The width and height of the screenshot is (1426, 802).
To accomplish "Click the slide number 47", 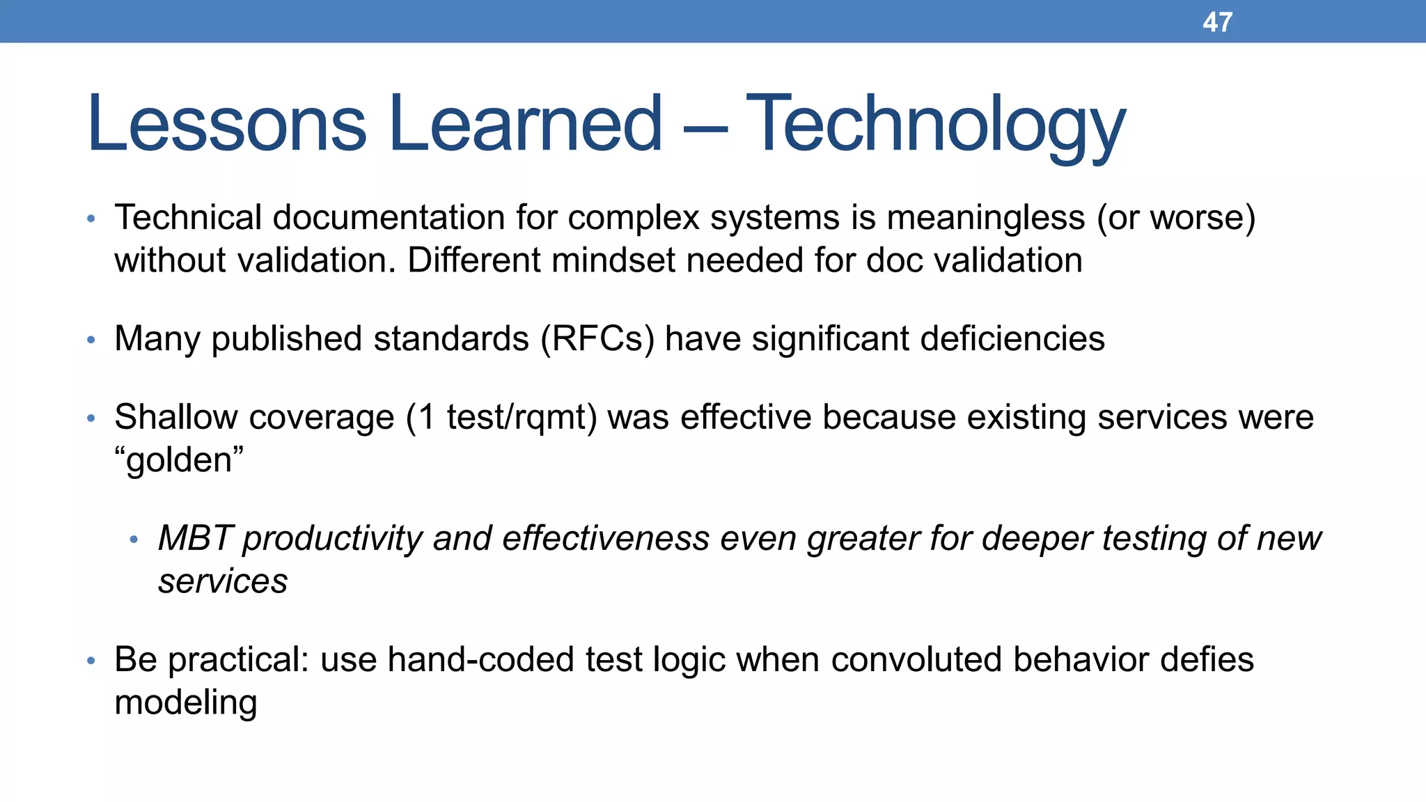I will (x=1217, y=22).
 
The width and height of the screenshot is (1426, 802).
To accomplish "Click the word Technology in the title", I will (x=935, y=125).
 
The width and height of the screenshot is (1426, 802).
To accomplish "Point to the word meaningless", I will (x=985, y=218).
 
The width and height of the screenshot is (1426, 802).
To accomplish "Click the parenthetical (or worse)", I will (x=1176, y=218).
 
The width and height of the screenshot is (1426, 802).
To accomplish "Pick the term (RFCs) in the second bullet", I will (x=598, y=340).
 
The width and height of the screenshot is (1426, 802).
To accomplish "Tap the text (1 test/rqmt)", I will (x=501, y=418).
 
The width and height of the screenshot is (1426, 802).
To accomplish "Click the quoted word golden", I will (x=180, y=461).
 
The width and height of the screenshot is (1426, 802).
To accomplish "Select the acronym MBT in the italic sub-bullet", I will (x=194, y=539).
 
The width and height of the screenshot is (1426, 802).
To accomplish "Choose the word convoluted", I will (x=916, y=660).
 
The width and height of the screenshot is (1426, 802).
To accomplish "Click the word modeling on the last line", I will (x=186, y=703).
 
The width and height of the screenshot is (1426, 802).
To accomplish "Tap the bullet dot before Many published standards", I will (x=91, y=340).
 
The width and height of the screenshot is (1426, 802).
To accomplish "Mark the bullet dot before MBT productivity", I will (x=134, y=540).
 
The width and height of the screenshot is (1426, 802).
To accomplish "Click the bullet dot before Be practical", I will (x=91, y=661).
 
